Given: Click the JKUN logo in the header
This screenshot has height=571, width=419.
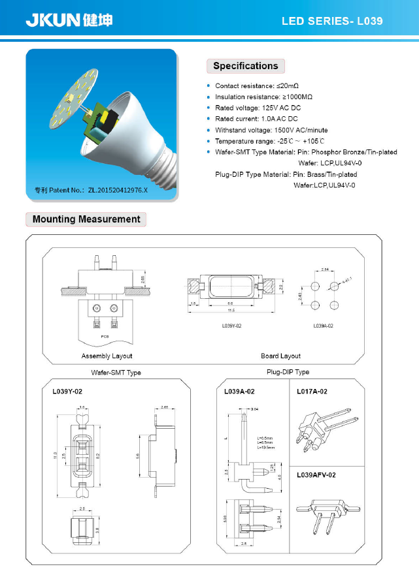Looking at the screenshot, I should (69, 20).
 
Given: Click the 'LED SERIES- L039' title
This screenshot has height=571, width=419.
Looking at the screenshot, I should (331, 21).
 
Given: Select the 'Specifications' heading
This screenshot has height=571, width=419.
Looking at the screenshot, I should (245, 66).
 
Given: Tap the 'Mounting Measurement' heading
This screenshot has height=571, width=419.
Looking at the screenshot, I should (86, 219).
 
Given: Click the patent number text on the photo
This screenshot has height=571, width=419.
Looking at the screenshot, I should (92, 190).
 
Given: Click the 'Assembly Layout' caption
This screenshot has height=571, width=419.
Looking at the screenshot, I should (107, 356).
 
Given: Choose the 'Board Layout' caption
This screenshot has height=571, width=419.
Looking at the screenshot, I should (280, 356).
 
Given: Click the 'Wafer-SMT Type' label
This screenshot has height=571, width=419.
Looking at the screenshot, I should (116, 373).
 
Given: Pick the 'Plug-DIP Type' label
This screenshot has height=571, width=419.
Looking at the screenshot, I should (288, 372).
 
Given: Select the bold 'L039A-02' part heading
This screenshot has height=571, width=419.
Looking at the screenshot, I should (239, 392).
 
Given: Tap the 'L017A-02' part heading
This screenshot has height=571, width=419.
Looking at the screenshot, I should (312, 392).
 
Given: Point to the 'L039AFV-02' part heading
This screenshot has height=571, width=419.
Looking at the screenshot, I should (316, 475).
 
